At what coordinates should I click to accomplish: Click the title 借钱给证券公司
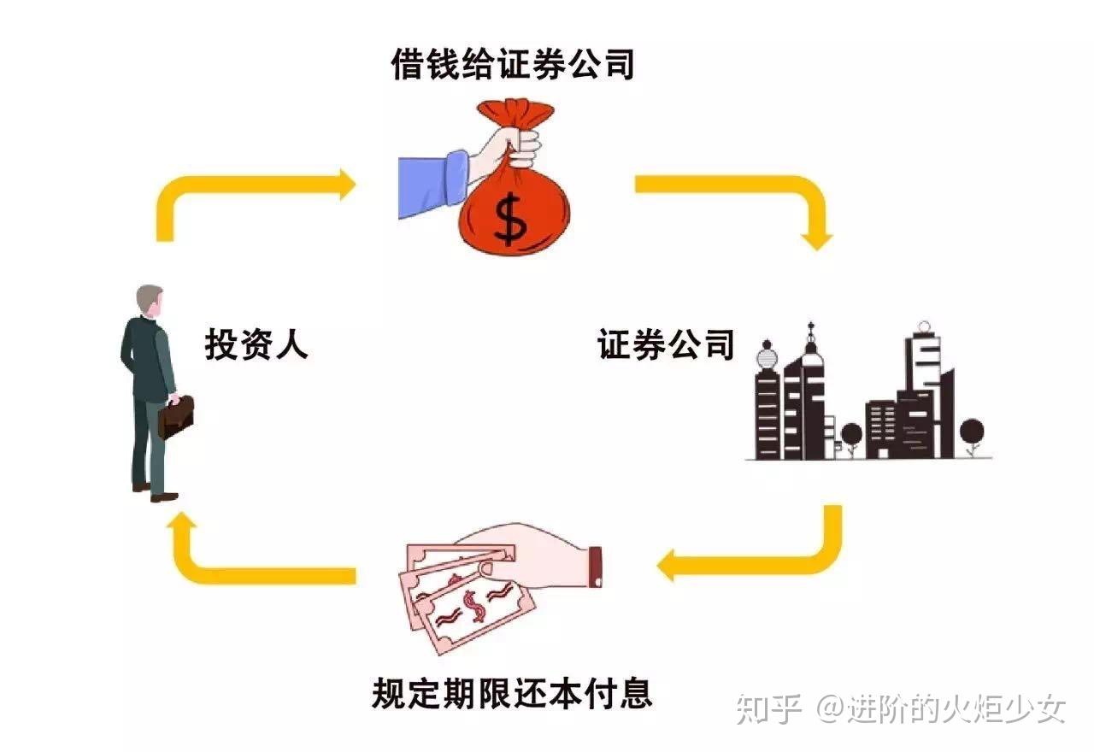(x=513, y=63)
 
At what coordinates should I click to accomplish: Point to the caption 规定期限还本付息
(x=512, y=693)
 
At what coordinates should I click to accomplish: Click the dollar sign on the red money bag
(x=511, y=218)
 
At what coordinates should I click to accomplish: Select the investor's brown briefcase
(x=176, y=416)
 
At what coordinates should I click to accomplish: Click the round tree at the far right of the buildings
(x=972, y=432)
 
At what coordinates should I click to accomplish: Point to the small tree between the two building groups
(x=851, y=436)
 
